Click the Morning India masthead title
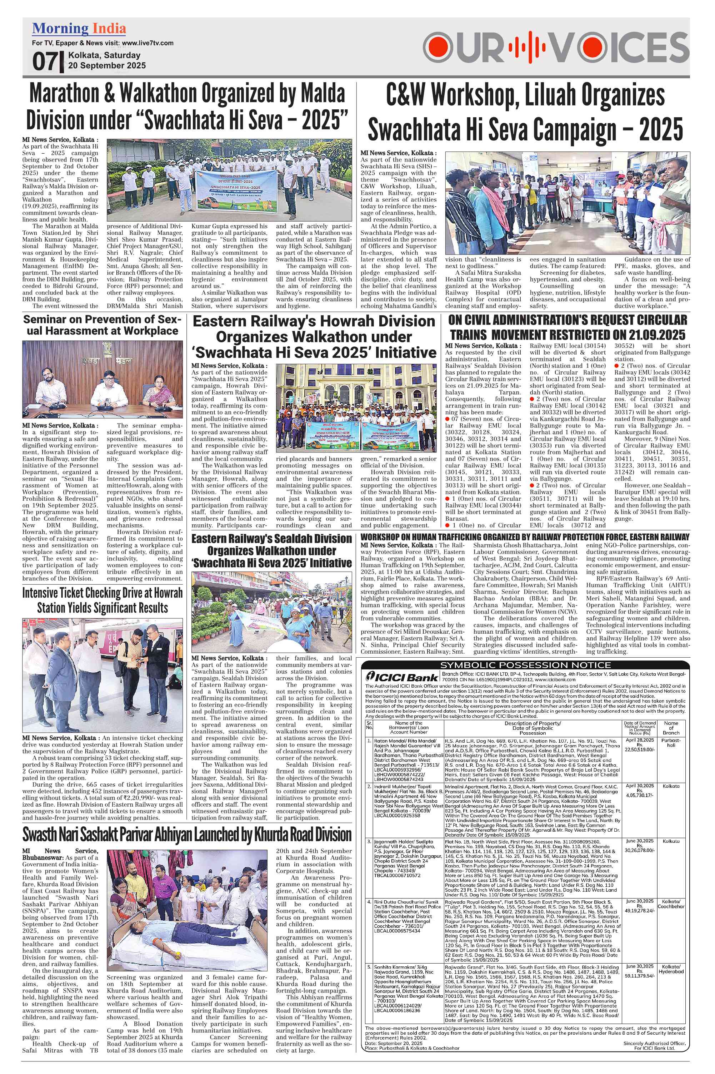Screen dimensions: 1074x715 pyautogui.click(x=79, y=29)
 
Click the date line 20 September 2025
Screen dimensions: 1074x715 pyautogui.click(x=107, y=65)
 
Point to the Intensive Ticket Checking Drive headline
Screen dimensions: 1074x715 pyautogui.click(x=102, y=600)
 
